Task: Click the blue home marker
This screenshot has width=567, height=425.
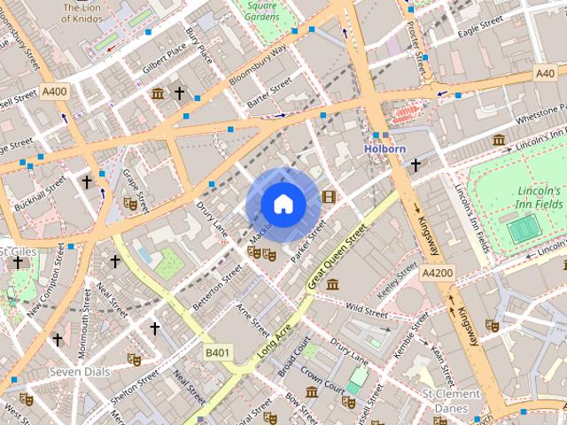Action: click(283, 205)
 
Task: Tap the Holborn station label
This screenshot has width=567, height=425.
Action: click(384, 149)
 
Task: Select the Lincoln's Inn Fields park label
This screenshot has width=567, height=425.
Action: click(539, 198)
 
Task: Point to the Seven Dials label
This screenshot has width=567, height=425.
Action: click(80, 372)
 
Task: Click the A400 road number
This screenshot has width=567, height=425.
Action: click(54, 91)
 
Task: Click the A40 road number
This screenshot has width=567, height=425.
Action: click(545, 74)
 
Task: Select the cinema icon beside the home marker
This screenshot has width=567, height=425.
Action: click(329, 196)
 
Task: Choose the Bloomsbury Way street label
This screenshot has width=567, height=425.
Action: click(258, 66)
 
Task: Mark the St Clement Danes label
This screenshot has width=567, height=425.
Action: click(450, 400)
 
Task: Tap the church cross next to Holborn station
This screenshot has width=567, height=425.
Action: click(415, 165)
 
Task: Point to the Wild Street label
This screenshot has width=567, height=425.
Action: click(367, 311)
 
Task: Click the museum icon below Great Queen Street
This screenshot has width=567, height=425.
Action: click(332, 284)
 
